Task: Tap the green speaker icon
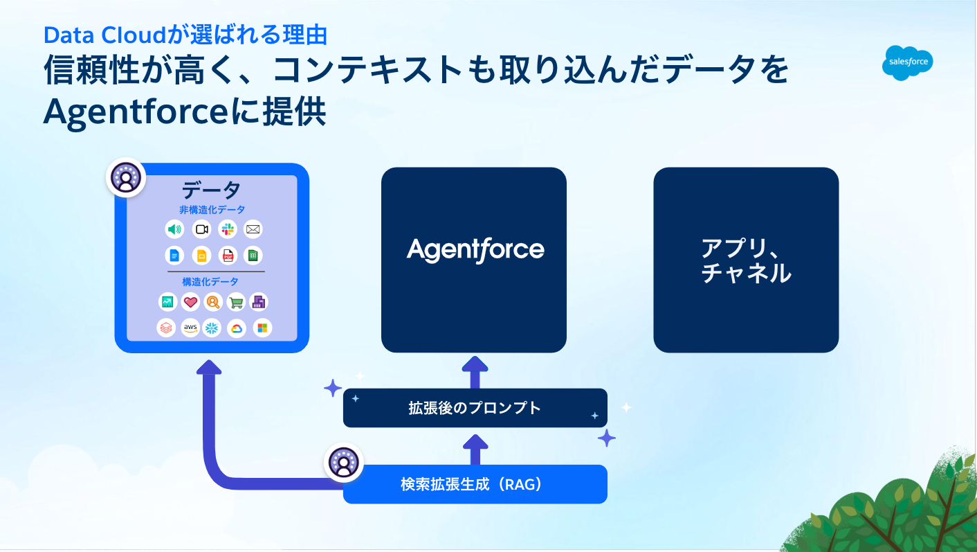click(174, 229)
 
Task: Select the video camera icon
click(201, 229)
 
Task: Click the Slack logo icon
click(228, 229)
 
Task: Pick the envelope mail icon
click(253, 229)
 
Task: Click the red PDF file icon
click(228, 256)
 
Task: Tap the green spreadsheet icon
click(253, 256)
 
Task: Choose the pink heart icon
click(190, 302)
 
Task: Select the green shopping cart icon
click(237, 302)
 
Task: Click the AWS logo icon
click(190, 328)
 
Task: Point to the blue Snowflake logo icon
click(212, 328)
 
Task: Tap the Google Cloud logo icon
click(237, 328)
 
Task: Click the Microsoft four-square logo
click(262, 328)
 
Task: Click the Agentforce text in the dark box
click(475, 250)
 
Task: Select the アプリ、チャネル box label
click(745, 260)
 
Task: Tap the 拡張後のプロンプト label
click(475, 408)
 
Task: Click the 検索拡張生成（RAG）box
click(475, 484)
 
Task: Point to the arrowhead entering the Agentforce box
click(475, 364)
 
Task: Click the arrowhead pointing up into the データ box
click(209, 366)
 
